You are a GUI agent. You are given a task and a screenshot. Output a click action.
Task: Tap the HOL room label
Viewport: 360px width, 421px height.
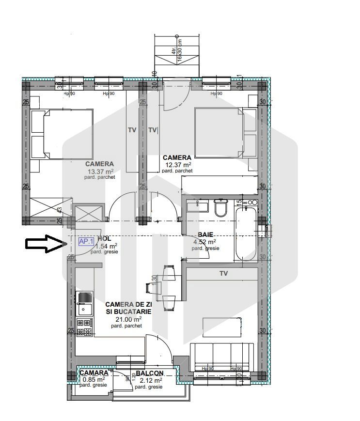pos(104,239)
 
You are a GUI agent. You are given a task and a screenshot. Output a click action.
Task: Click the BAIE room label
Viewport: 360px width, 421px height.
pos(205,234)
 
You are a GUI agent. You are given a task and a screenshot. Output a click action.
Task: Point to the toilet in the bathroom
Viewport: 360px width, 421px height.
pos(221,207)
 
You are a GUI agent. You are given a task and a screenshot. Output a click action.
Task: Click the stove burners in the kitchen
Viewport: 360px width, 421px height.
pos(84,327)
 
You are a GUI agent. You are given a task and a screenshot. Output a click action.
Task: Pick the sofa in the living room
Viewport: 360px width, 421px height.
pos(222,358)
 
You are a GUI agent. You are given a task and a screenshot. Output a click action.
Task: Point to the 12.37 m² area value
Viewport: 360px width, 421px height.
pos(177,165)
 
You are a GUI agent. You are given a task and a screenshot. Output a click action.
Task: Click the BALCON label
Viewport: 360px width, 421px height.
pos(149,374)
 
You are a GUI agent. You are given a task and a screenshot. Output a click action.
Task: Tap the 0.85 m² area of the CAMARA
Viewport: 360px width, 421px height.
pos(94,379)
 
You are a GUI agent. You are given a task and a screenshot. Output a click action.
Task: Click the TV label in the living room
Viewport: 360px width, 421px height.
pos(223,274)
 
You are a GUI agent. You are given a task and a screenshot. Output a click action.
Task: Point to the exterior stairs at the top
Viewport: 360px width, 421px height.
pos(177,56)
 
